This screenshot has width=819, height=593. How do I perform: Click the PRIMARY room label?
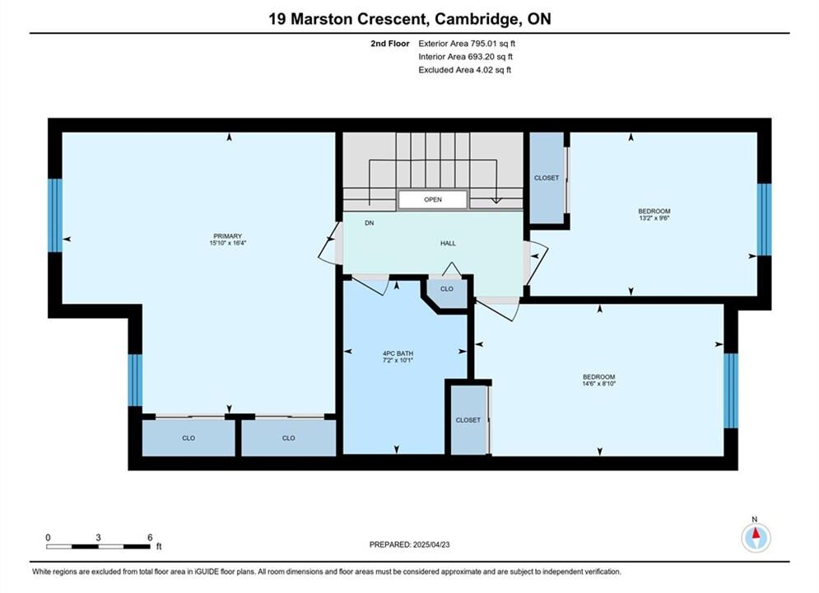point(228,236)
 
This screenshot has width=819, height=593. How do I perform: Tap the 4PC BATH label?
point(398,353)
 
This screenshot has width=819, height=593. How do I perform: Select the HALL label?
point(448,244)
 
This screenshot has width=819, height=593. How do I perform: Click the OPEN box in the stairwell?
point(433,199)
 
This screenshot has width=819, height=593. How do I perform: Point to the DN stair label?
point(370,223)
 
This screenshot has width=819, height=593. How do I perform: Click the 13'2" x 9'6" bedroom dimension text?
point(654,218)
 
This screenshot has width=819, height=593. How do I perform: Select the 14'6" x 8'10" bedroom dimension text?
point(599,384)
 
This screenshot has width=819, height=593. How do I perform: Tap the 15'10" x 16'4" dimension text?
point(228,243)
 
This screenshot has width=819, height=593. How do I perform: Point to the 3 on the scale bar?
point(98,538)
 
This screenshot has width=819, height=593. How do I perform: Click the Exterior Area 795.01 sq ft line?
point(467,44)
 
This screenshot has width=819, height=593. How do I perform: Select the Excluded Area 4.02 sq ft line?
point(465,70)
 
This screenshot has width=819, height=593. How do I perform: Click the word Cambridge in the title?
point(477,19)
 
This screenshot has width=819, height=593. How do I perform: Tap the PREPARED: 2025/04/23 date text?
point(410,544)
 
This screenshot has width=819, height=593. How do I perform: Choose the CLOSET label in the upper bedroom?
point(547,178)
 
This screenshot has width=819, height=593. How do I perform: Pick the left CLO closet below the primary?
point(188,438)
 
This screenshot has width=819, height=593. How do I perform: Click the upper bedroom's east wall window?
point(764,219)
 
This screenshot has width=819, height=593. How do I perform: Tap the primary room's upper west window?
point(55,215)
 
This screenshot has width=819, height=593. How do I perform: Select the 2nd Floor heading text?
point(390,44)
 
